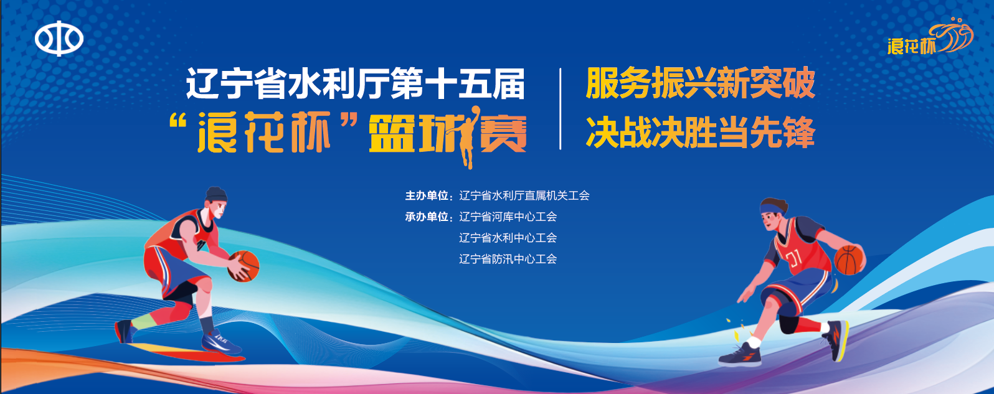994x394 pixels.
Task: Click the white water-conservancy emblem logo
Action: coord(59,39)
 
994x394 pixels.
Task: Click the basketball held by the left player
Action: coord(243,266)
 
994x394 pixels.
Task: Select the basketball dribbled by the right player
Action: coord(850,260)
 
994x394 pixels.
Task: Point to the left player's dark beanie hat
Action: coord(216,194)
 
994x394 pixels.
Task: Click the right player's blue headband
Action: coord(772,209)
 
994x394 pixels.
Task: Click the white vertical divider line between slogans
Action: coord(561,109)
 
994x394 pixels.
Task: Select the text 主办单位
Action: coord(427,195)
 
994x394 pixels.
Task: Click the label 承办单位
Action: coord(427,217)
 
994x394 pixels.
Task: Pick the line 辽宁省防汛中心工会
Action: coord(508,259)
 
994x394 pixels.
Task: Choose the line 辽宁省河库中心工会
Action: coord(508,217)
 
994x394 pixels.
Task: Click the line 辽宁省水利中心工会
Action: coord(508,238)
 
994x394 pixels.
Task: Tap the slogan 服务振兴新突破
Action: coord(700,83)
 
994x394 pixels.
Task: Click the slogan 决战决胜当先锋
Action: coord(700,132)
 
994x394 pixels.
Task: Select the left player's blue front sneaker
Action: coord(221,342)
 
